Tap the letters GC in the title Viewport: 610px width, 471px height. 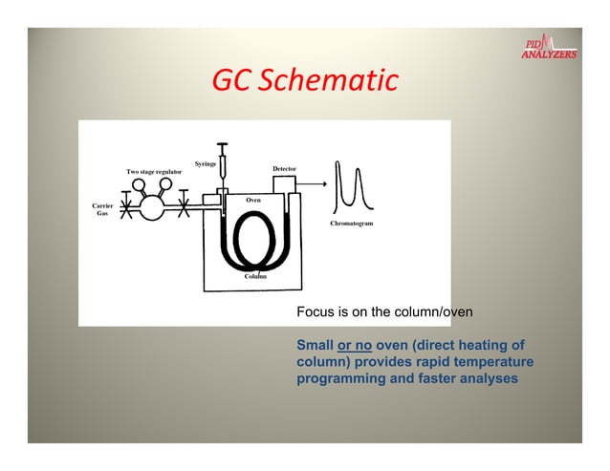click(229, 81)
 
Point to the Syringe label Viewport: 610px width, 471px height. click(205, 163)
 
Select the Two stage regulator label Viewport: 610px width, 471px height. click(155, 171)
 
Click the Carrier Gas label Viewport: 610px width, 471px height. click(102, 209)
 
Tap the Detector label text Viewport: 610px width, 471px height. click(284, 168)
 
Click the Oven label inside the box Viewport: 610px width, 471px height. click(253, 200)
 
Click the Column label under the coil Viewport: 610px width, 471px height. click(253, 275)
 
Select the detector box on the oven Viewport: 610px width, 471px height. click(284, 185)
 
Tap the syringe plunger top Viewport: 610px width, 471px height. click(222, 144)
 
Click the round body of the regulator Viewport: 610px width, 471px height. click(151, 207)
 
